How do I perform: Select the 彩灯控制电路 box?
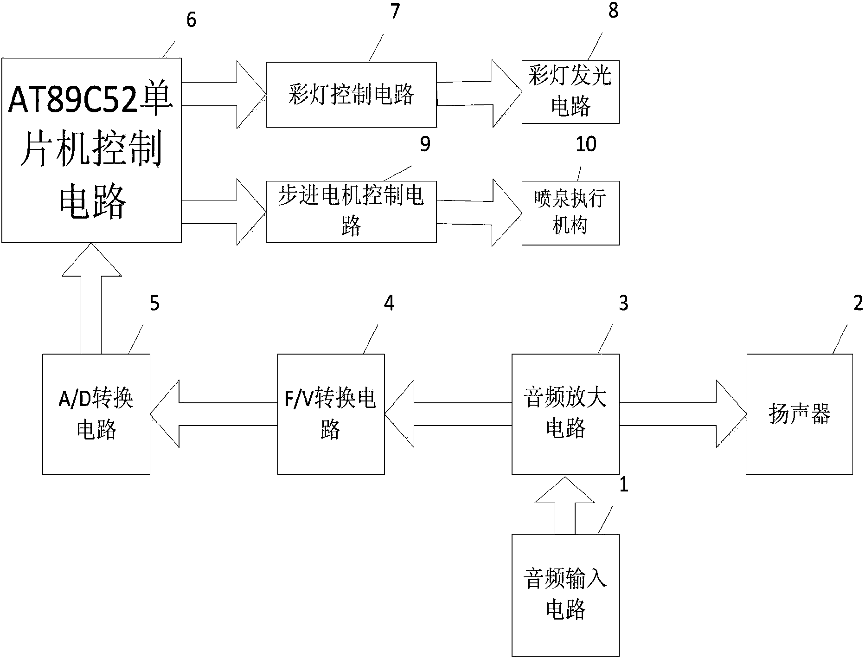351,95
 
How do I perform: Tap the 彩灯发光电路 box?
570,92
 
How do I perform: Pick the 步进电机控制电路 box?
351,212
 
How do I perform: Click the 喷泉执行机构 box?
570,213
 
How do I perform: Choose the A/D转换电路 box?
96,414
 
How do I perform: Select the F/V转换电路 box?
331,414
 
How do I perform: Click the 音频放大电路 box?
565,414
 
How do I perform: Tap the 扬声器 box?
799,414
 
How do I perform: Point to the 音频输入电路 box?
565,594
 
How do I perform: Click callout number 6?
191,20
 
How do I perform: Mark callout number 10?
586,144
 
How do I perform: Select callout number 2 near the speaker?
858,303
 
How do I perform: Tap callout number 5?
154,303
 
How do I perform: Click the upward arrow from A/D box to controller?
91,297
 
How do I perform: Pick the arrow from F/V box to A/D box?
213,414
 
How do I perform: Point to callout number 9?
425,144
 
